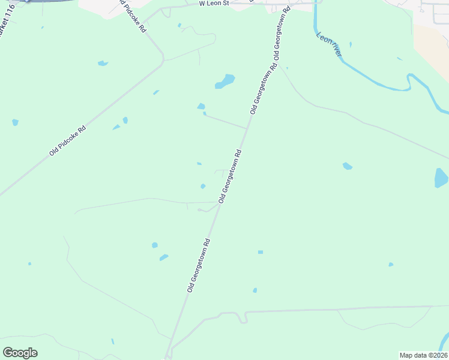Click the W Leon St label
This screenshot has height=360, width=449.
coord(214,4)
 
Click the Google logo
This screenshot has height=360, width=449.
coord(20,352)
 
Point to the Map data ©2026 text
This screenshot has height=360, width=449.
coord(423,355)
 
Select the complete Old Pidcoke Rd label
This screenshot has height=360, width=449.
coord(68,142)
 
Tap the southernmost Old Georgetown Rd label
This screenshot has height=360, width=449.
coord(199,266)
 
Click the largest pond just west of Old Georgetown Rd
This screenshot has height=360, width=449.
coord(225,81)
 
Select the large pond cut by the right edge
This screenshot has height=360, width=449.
coord(441,178)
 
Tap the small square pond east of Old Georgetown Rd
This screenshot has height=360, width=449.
coord(261,252)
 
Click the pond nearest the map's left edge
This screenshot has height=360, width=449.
coord(15,122)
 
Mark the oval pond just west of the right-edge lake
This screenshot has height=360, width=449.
coord(347,166)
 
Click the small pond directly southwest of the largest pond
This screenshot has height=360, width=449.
coord(200,107)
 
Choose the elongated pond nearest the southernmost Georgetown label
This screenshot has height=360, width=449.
coord(164,257)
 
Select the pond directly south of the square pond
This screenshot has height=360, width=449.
coord(255,290)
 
